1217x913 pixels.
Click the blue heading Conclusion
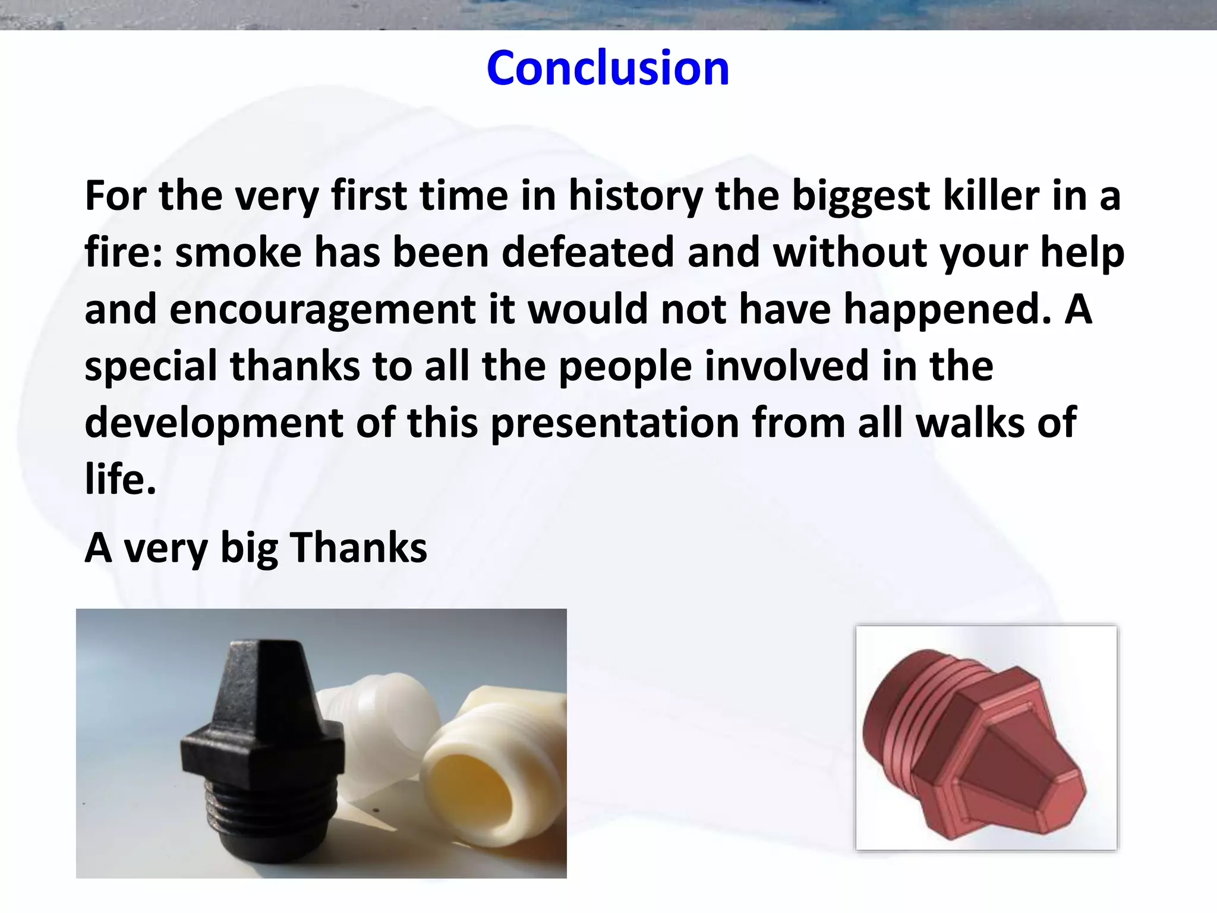coord(607,68)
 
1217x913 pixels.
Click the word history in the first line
coord(635,196)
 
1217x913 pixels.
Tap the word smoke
coord(238,253)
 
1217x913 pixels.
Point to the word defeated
coord(587,253)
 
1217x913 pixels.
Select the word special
coord(150,366)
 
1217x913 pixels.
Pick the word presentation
coord(614,423)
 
